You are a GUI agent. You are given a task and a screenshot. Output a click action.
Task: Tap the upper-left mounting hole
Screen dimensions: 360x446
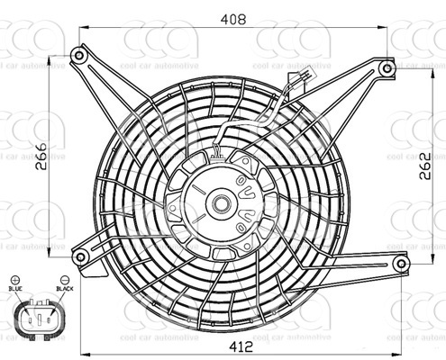(x=78, y=56)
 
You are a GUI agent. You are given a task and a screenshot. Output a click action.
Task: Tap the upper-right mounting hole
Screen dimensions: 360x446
(x=387, y=67)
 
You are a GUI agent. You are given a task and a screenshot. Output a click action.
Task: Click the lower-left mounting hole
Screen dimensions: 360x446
(x=80, y=257)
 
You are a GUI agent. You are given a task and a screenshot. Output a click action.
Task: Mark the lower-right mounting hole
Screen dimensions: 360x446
(x=401, y=262)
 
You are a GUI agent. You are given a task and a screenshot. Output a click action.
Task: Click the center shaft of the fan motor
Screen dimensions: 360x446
(x=219, y=203)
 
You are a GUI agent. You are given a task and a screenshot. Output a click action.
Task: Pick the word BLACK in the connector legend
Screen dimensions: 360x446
(x=64, y=289)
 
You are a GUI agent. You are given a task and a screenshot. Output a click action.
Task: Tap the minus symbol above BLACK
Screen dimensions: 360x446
(x=64, y=280)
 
